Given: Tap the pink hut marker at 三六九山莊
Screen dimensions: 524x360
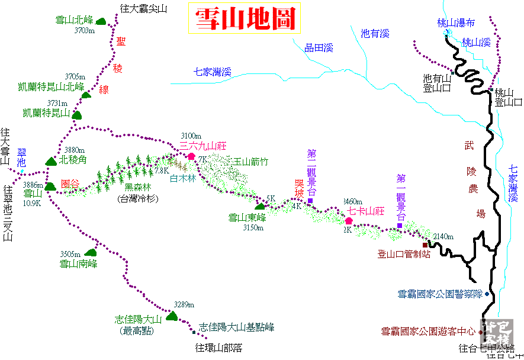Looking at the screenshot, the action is click(191, 156).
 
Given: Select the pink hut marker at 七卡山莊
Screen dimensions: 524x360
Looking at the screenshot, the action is click(349, 221).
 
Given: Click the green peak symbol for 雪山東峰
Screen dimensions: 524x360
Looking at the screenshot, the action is click(260, 205).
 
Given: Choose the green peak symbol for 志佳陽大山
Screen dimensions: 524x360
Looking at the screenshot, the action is click(172, 316).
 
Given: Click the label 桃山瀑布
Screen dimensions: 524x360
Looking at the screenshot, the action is click(456, 23).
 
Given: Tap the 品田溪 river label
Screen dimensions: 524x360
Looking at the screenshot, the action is click(319, 48).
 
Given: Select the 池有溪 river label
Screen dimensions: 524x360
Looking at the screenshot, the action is click(375, 33).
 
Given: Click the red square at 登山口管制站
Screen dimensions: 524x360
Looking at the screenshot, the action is click(425, 245).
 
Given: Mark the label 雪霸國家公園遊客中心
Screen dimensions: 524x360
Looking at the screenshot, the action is click(427, 332).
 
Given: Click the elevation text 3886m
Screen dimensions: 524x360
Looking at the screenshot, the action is click(33, 185).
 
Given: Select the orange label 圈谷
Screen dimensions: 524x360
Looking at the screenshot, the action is click(70, 184).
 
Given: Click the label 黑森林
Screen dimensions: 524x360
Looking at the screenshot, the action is click(137, 188).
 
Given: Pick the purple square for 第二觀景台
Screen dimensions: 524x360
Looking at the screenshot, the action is click(310, 201).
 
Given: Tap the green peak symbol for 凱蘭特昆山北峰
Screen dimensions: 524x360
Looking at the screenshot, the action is click(86, 95).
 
